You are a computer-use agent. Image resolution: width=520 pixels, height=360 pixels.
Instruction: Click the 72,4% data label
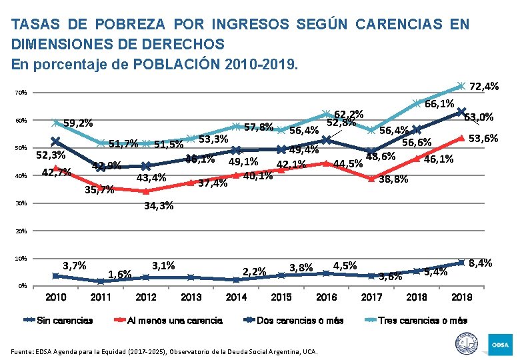(485, 87)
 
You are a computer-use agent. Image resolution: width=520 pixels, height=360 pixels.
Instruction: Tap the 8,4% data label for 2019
(481, 263)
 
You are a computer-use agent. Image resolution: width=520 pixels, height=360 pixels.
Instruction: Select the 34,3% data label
(159, 206)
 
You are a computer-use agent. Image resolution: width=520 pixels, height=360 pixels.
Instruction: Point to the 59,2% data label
(78, 123)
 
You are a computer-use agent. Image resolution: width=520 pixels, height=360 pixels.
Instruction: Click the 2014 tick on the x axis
(236, 297)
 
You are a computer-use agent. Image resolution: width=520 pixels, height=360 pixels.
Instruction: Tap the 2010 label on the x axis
(55, 297)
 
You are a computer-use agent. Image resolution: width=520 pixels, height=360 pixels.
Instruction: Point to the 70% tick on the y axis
(21, 93)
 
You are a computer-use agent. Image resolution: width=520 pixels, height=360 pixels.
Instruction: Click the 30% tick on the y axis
(21, 203)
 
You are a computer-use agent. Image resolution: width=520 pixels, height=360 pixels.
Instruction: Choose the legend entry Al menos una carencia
(175, 321)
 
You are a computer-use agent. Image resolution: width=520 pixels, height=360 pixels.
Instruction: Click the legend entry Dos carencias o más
(300, 321)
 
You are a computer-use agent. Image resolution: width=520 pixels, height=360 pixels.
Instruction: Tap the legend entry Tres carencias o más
(423, 321)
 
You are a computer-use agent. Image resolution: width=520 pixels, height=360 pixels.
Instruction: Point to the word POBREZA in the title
(131, 25)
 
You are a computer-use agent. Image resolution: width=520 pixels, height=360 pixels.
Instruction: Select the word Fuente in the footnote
(23, 351)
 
